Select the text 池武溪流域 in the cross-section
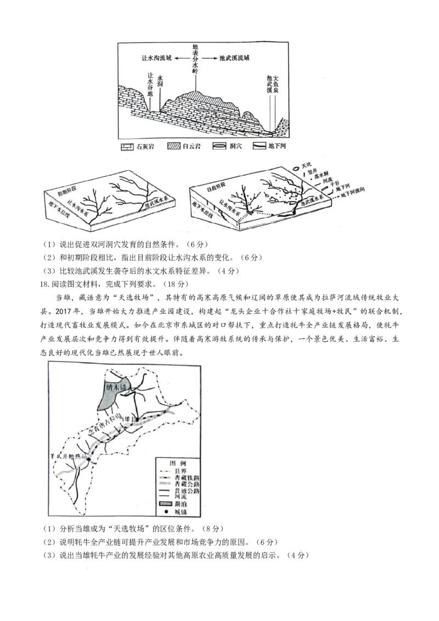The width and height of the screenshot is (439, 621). tap(234, 58)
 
